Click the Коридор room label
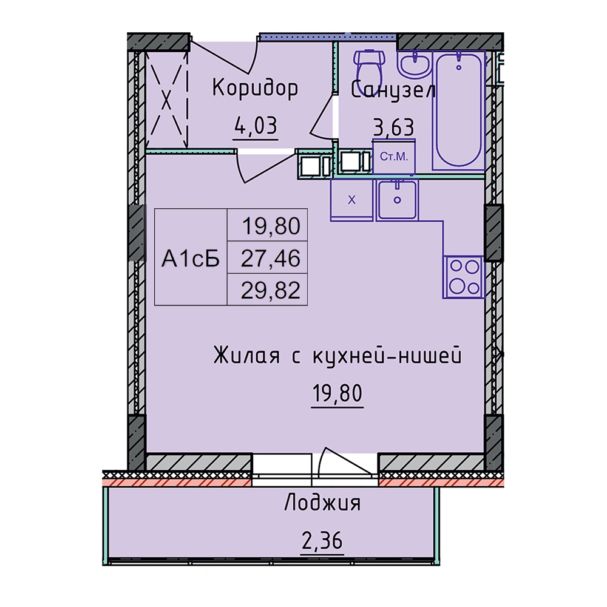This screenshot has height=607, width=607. tap(255, 88)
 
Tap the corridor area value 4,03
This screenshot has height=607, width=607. tap(256, 126)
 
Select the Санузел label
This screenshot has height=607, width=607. tap(393, 90)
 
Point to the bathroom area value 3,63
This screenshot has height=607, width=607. tap(393, 127)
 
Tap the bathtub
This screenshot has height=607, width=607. tap(459, 110)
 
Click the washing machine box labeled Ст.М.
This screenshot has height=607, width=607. tap(394, 157)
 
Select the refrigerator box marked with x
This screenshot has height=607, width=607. tap(351, 200)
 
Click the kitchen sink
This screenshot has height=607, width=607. tap(397, 200)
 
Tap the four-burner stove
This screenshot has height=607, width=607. tap(464, 277)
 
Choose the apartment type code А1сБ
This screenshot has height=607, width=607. tap(191, 258)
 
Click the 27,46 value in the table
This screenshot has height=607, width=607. tap(271, 258)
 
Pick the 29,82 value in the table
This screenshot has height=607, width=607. tap(271, 290)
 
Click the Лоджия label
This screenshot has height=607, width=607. tap(322, 504)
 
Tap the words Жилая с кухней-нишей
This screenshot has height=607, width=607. tap(337, 355)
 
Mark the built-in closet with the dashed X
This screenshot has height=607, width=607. tap(166, 101)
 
